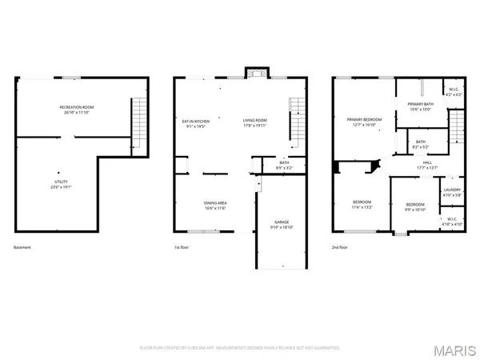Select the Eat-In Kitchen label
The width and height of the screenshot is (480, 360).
(x=195, y=124)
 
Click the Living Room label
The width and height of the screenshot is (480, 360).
(x=256, y=124)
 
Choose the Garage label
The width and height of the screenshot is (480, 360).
(x=282, y=224)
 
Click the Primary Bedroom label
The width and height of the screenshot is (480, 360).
(x=364, y=122)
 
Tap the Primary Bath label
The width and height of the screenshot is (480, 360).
(x=421, y=106)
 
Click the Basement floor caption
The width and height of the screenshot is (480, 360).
(x=23, y=247)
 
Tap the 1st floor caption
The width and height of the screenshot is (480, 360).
(x=183, y=247)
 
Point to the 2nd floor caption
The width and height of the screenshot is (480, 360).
(x=341, y=247)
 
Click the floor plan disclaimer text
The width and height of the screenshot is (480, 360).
(x=240, y=348)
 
